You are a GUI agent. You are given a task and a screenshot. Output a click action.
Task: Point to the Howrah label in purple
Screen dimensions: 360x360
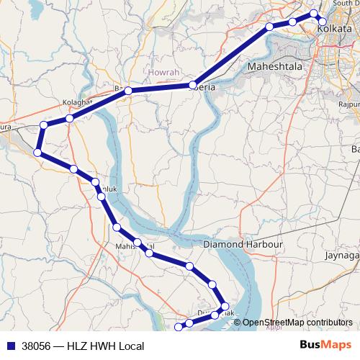(164, 73)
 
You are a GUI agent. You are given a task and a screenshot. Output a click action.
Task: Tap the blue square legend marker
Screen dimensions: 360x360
(9, 346)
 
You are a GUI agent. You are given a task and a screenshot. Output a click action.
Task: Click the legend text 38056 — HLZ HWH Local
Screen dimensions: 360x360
(82, 346)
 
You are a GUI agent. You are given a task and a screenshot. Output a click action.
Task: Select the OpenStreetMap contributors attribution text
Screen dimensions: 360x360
(297, 323)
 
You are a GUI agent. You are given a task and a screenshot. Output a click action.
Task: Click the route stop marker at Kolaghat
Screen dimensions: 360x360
(69, 118)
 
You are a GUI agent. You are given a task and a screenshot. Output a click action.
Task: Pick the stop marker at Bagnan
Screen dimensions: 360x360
(127, 91)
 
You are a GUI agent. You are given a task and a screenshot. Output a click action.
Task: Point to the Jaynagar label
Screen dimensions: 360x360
(341, 255)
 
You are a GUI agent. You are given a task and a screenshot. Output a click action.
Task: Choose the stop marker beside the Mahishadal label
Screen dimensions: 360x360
(136, 243)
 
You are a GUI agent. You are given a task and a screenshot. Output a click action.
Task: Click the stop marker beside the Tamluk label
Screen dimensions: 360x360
(101, 195)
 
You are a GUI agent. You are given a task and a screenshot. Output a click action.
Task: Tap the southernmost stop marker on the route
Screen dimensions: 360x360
(179, 328)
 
